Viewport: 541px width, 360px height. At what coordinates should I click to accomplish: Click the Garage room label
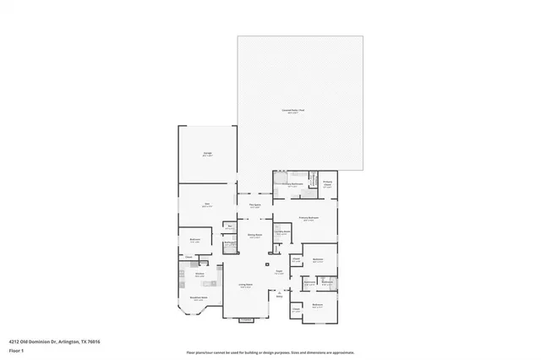tap(207, 154)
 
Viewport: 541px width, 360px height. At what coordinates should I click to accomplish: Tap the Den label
tap(206, 205)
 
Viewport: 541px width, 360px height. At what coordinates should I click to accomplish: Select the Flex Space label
tap(254, 205)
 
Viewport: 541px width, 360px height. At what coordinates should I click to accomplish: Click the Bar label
tap(229, 227)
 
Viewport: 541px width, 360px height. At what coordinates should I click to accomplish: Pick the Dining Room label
tap(254, 236)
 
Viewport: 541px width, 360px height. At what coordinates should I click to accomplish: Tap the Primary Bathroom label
tap(292, 183)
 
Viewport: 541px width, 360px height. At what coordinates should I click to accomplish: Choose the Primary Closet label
tap(327, 183)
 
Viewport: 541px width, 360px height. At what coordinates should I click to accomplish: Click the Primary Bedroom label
tap(308, 218)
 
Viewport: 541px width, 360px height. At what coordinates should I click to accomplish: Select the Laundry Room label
tap(282, 232)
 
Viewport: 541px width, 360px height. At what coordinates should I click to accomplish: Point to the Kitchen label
tap(199, 274)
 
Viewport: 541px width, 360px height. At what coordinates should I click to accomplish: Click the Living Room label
tap(245, 285)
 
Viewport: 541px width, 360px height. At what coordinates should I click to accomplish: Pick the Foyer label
tap(278, 271)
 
